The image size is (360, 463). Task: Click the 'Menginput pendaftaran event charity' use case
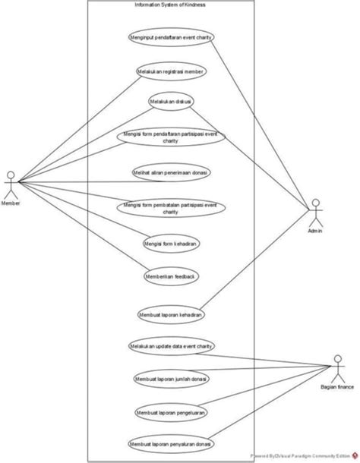171,36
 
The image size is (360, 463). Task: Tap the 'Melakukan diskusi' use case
171,101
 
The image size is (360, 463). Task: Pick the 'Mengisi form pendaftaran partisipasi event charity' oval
171,137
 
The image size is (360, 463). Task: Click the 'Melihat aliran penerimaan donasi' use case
171,172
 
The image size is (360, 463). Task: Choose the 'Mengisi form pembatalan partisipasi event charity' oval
171,208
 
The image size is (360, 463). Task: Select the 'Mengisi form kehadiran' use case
171,244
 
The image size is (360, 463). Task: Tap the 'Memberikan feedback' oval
171,277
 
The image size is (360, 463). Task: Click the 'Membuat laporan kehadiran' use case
171,313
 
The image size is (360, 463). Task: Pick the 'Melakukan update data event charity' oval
171,345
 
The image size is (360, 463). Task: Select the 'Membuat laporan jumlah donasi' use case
171,378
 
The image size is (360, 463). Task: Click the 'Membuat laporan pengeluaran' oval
171,411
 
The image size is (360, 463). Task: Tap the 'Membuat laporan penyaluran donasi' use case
171,443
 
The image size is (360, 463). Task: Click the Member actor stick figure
11,184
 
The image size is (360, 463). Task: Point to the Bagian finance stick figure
339,368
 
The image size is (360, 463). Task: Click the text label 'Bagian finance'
339,387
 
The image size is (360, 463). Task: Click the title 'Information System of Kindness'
170,5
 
